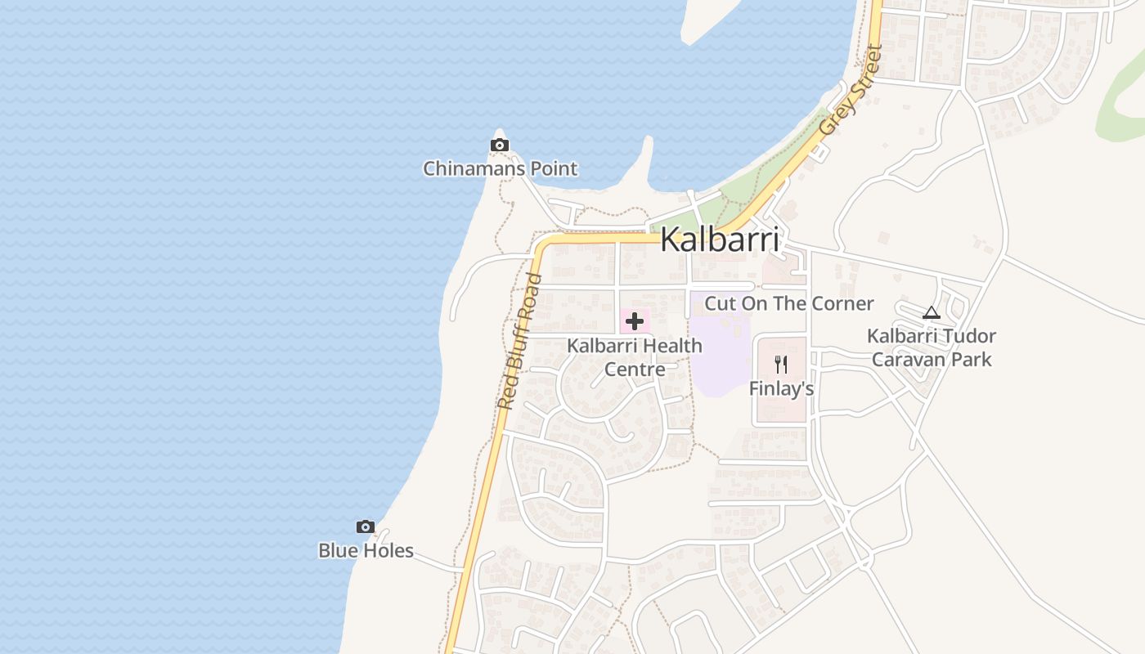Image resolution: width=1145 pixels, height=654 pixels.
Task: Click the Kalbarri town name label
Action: [719, 240]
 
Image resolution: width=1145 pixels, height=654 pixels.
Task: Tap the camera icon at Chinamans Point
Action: [499, 146]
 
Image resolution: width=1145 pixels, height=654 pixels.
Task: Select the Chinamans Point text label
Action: [500, 169]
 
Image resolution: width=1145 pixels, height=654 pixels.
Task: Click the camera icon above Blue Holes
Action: [366, 527]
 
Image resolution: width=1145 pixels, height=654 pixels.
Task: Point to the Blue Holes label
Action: [366, 551]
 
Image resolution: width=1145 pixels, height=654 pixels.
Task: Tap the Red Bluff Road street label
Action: [519, 342]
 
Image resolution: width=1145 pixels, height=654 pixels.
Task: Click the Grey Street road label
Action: [851, 90]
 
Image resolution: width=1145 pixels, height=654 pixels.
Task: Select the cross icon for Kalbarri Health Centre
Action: [634, 321]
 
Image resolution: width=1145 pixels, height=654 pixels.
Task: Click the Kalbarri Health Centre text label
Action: [635, 357]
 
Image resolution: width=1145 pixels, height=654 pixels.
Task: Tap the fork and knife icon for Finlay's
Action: [781, 365]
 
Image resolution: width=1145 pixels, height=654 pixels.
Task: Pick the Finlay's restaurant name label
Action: [781, 389]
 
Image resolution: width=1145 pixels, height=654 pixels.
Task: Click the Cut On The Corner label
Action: [789, 303]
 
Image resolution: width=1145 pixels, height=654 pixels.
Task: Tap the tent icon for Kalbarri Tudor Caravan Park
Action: [931, 312]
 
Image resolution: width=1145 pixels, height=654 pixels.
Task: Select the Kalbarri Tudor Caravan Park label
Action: [932, 347]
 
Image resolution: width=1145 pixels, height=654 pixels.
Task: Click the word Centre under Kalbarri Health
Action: [635, 370]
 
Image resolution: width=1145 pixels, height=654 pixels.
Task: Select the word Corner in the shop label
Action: [843, 303]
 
